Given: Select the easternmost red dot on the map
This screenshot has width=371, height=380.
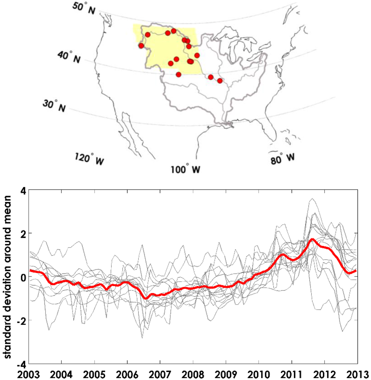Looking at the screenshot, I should [x=220, y=80].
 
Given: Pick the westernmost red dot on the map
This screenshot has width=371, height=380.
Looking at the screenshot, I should [x=141, y=46].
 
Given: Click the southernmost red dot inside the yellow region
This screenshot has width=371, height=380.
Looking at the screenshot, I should [x=179, y=74].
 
